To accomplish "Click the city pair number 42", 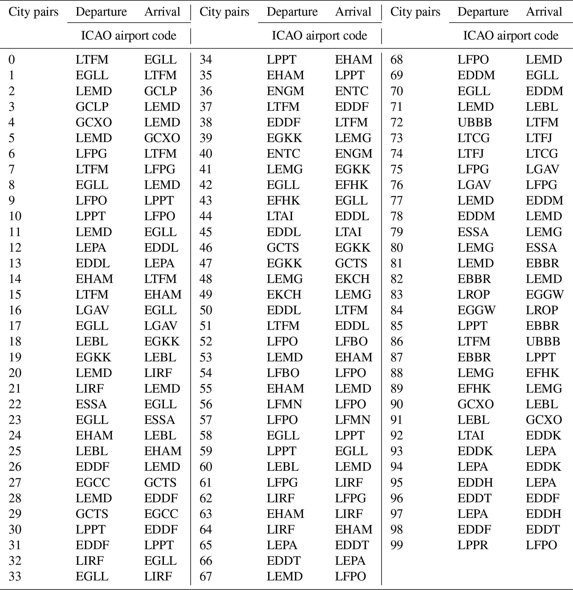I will click(206, 185).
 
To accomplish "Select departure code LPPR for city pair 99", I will click(472, 545).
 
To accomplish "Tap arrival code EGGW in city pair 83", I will click(544, 294).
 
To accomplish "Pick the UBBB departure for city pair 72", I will click(475, 122).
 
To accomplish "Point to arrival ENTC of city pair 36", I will click(352, 91).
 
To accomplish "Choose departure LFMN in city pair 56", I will click(284, 404).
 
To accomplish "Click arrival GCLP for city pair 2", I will click(160, 91).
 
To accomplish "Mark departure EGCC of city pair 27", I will click(93, 482).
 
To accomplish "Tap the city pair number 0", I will click(12, 60).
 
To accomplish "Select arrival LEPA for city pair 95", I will click(541, 482).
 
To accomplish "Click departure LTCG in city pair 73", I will click(473, 138).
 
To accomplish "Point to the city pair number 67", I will click(206, 576).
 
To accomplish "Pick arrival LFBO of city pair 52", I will click(351, 341).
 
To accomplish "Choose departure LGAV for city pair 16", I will click(92, 310).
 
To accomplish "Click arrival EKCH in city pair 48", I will click(352, 279).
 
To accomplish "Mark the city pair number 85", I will click(397, 326).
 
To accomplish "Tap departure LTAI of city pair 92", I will click(471, 436).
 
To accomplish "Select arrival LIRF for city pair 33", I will click(158, 576).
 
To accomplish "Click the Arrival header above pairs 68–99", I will click(544, 12).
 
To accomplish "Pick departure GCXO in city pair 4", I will click(94, 122).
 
